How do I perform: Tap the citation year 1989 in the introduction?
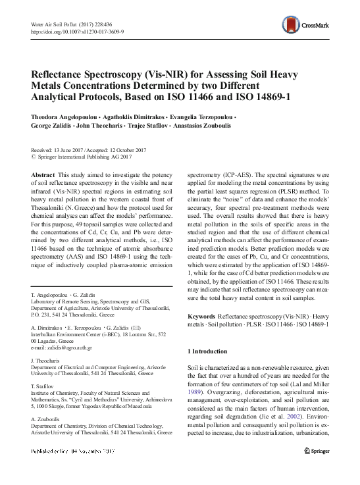coord(199,389)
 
